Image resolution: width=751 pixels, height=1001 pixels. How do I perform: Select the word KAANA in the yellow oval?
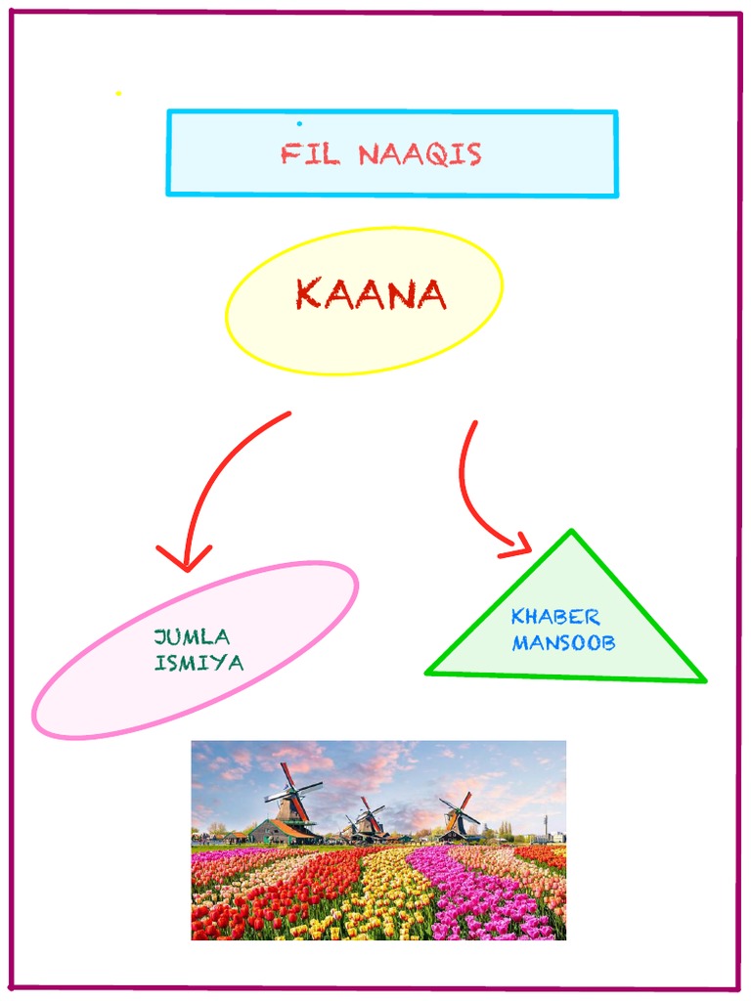tap(371, 294)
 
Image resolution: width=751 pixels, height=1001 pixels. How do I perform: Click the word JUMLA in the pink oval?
tap(193, 637)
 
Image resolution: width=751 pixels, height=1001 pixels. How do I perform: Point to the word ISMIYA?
tap(199, 662)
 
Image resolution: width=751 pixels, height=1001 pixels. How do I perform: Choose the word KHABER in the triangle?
tap(555, 617)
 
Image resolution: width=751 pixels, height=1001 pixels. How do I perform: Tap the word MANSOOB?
tap(563, 644)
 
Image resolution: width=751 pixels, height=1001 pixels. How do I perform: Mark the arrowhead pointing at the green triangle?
tap(519, 544)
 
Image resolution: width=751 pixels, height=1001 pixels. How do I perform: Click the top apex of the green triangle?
tap(571, 532)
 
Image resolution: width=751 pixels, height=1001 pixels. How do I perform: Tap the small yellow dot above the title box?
tap(118, 94)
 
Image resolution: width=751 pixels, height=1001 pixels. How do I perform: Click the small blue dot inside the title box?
tap(299, 124)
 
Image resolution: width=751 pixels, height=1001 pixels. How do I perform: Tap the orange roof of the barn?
tap(290, 828)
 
